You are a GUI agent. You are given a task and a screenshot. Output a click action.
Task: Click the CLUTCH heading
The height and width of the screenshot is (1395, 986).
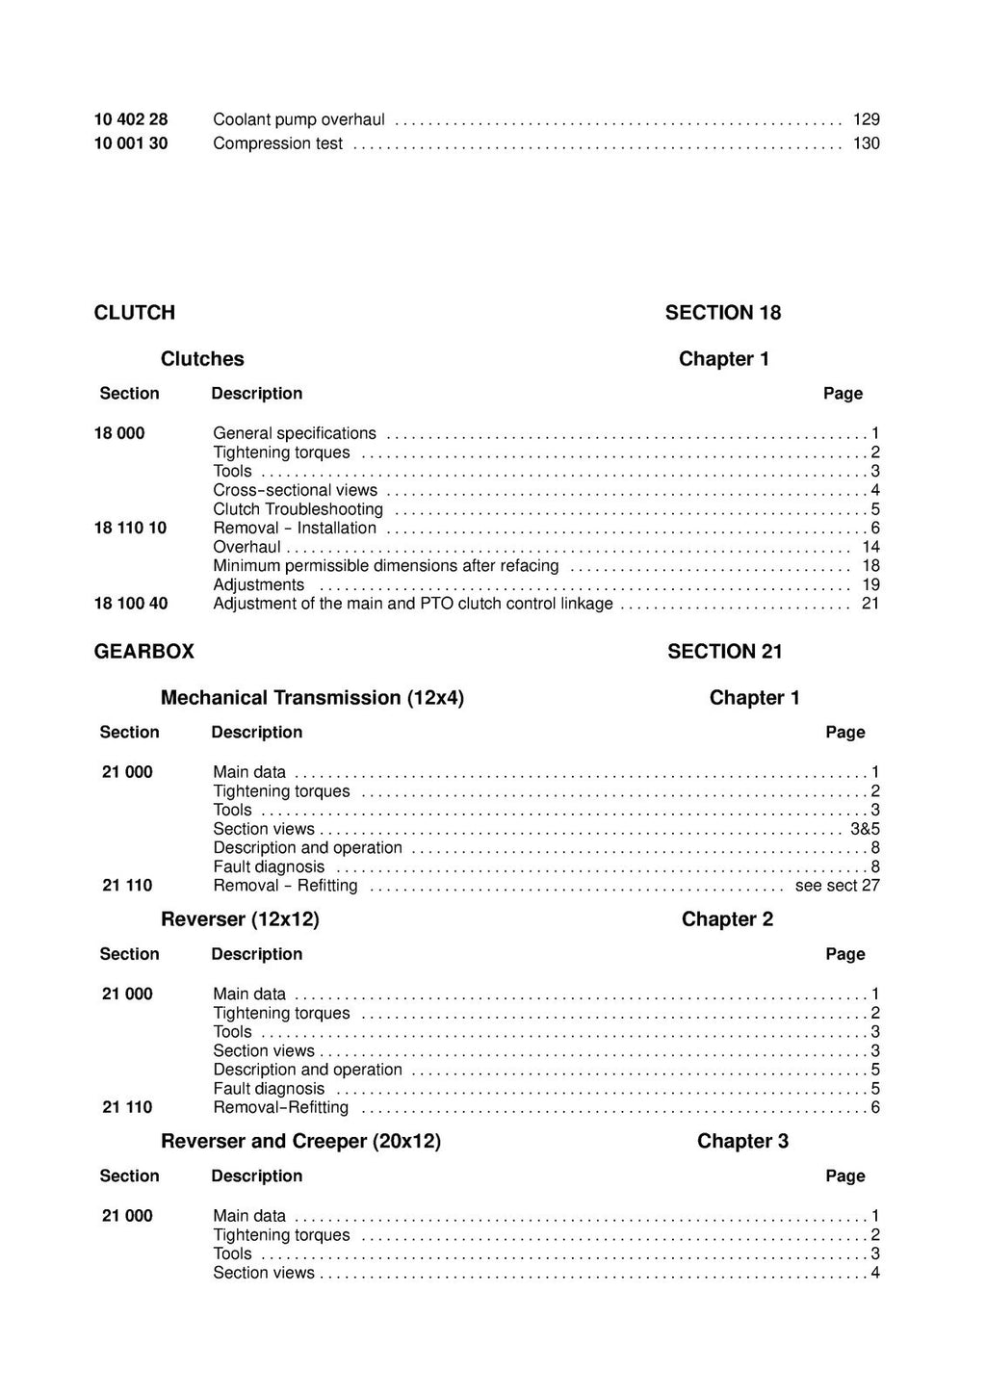pos(134,312)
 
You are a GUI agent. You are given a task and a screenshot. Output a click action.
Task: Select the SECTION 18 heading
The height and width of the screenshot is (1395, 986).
pos(723,312)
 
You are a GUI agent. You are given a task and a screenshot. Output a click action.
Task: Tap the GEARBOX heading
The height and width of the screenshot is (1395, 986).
pos(143,651)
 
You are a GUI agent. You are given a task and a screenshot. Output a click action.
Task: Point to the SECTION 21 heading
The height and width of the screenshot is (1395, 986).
pos(725,651)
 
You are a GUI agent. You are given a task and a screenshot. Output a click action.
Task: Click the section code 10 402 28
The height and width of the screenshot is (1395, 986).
pos(131,119)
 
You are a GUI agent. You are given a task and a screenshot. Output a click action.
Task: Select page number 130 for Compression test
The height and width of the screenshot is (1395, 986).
pos(867,143)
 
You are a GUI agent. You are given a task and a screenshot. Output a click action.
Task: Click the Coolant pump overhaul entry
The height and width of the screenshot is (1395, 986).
pos(298,119)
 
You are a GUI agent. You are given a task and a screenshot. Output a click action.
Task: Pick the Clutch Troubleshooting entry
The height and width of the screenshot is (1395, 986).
pos(298,509)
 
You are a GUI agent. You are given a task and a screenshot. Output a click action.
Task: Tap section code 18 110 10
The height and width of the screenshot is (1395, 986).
pos(131,528)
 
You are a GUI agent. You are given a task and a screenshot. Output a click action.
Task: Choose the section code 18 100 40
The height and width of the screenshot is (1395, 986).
pos(131,604)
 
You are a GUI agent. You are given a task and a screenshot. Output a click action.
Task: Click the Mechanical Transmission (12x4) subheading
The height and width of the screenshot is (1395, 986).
pos(312,697)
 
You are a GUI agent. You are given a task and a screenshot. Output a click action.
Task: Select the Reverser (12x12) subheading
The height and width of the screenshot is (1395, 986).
pos(240,918)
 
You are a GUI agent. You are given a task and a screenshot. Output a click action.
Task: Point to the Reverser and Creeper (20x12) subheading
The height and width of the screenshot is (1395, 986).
pos(300,1141)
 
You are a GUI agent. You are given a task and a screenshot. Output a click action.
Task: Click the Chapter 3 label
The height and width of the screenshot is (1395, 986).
pos(742,1141)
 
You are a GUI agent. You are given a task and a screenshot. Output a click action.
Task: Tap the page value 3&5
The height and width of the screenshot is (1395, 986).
pos(865,829)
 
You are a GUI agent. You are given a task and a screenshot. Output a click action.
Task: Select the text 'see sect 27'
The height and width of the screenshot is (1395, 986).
pos(837,886)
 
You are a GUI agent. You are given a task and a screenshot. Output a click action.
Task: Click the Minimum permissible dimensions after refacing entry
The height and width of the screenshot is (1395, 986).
pos(385,566)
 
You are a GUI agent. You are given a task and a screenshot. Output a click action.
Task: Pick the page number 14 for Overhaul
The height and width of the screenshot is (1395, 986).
pos(870,547)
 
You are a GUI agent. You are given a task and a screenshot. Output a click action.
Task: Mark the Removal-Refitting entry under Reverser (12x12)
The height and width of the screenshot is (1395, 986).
pos(280,1107)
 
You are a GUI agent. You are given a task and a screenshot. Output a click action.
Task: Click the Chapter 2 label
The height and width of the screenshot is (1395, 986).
pos(727,918)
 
